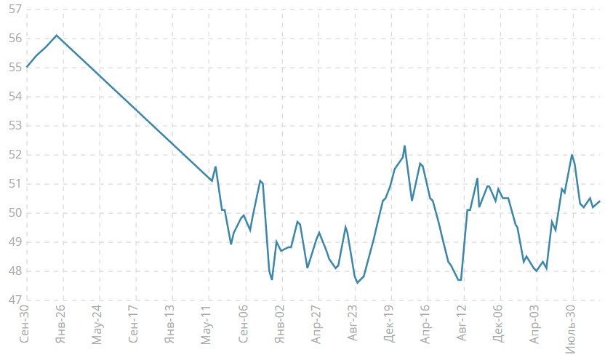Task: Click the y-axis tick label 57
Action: coord(14,9)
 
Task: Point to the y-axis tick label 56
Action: coord(14,39)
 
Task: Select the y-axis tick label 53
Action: coord(14,126)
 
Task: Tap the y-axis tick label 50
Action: coord(14,213)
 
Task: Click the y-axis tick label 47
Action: coord(14,300)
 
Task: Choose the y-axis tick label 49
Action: coord(14,242)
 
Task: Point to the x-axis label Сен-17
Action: coord(135,324)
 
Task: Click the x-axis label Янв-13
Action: coord(172,324)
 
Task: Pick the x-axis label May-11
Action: coord(208,324)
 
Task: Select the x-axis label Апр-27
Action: coord(317,324)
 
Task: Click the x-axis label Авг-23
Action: coord(353,324)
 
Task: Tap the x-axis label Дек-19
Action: coord(390,324)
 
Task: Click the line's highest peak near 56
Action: coord(57,35)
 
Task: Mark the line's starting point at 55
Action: coord(28,67)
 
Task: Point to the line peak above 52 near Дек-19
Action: coord(404,146)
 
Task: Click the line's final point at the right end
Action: coord(599,201)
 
